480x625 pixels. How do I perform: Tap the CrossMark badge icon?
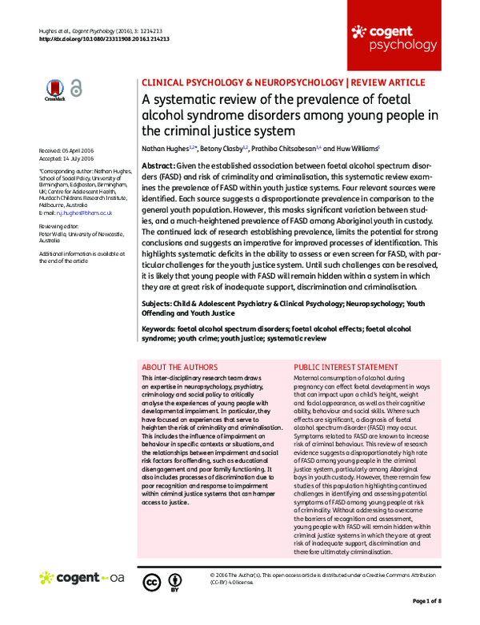click(54, 90)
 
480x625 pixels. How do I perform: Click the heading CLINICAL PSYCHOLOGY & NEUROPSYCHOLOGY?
click(242, 82)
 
